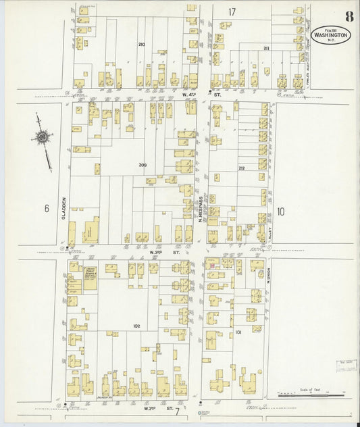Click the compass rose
[43, 139]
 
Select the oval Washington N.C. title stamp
[331, 34]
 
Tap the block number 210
[141, 45]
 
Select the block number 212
[241, 168]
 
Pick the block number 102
[136, 326]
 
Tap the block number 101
[238, 332]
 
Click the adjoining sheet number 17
[232, 12]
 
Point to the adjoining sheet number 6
[47, 209]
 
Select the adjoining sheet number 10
[280, 211]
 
